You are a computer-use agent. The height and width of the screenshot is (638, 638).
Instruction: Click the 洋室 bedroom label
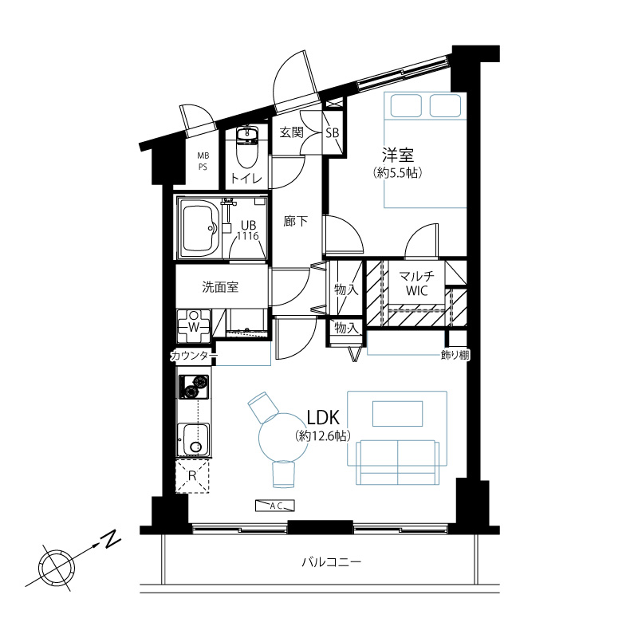point(397,155)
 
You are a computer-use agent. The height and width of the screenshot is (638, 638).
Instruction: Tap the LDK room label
point(323,417)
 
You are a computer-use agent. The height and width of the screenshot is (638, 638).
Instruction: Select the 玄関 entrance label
point(292,132)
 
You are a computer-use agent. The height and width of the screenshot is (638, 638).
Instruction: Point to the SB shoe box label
point(332,132)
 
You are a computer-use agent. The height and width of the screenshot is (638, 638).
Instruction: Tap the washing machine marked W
point(194,326)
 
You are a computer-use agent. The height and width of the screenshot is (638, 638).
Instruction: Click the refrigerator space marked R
point(192,475)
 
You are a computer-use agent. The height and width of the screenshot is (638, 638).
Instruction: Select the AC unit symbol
point(274,506)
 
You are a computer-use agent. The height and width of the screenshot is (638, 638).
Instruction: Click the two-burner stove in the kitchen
point(194,387)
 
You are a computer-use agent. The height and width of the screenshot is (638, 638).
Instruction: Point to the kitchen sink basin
point(194,440)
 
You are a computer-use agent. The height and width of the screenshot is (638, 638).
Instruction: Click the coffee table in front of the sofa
point(397,414)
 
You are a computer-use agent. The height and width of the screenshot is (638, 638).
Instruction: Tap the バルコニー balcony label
point(331,563)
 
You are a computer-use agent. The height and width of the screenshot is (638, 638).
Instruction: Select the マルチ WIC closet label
point(416,283)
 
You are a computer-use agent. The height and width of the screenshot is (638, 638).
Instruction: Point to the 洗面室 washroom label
point(220,287)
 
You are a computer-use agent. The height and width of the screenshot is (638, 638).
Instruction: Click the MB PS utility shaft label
point(203,161)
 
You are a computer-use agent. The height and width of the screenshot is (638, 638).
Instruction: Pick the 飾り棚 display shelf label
point(455,355)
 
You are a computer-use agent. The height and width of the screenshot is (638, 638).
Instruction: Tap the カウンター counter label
point(194,356)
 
